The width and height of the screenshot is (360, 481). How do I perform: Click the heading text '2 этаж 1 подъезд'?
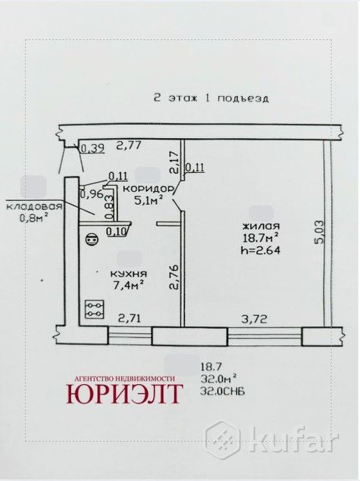coord(211,98)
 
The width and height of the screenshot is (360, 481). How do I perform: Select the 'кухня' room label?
coord(127,273)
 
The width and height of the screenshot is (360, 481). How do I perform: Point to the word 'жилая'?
coord(262,226)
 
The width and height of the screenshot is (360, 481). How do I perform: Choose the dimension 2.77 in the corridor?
coord(129,146)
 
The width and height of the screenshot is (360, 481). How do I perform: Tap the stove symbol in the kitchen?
coord(94,310)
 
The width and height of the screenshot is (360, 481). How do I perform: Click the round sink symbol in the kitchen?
coord(89,240)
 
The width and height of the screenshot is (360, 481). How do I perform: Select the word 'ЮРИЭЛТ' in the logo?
coord(126,394)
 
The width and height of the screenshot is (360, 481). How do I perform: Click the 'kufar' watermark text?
coord(302,441)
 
